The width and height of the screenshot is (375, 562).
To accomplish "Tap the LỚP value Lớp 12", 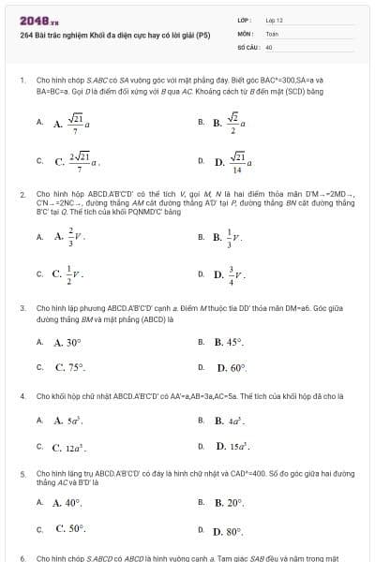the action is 274,20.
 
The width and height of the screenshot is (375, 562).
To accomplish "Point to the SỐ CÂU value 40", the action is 269,45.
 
